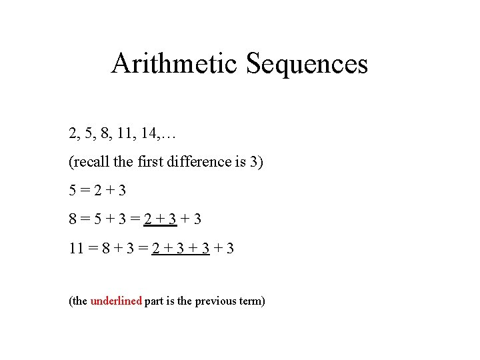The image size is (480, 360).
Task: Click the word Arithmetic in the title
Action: pyautogui.click(x=175, y=64)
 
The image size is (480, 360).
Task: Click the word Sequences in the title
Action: pyautogui.click(x=307, y=64)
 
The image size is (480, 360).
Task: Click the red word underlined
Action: pyautogui.click(x=116, y=301)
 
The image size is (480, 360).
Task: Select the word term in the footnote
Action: pyautogui.click(x=251, y=301)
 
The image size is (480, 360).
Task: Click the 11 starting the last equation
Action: pyautogui.click(x=77, y=249)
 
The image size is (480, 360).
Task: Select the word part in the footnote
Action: pyautogui.click(x=155, y=301)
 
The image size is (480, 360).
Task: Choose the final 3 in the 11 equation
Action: pyautogui.click(x=230, y=249)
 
